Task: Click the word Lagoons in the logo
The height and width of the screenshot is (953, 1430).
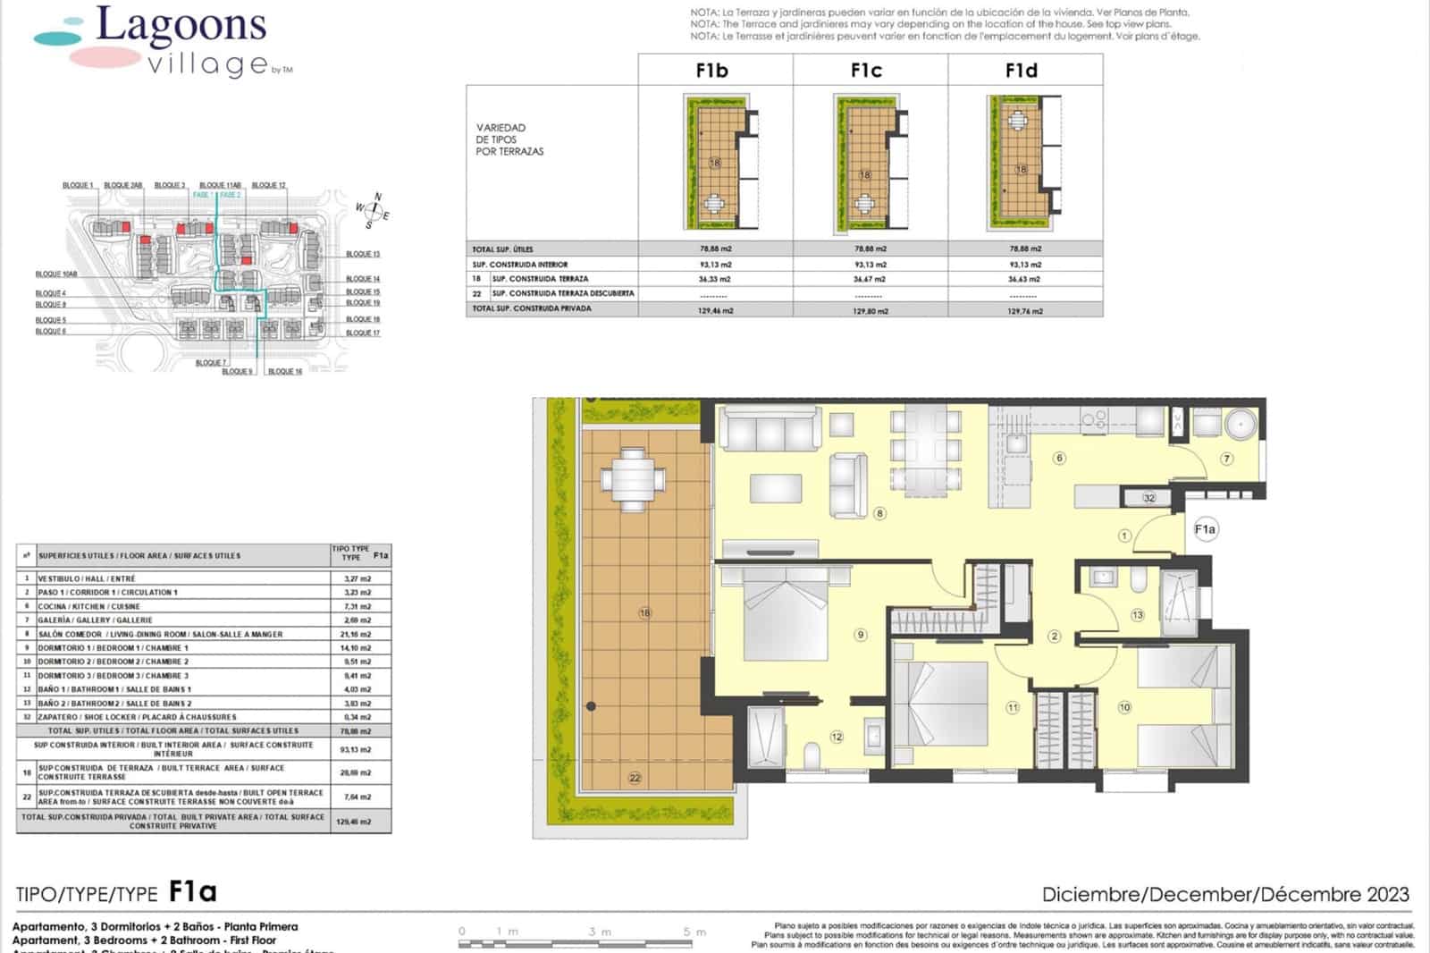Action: pyautogui.click(x=181, y=26)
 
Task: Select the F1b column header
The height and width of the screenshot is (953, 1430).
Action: pyautogui.click(x=712, y=71)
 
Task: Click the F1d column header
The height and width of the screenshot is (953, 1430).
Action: pyautogui.click(x=1022, y=71)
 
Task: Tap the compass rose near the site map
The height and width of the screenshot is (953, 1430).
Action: pyautogui.click(x=374, y=211)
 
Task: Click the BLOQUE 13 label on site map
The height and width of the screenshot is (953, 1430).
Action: pyautogui.click(x=363, y=254)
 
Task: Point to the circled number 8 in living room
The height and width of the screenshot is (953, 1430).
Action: pyautogui.click(x=880, y=513)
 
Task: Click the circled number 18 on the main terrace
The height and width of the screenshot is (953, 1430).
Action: pyautogui.click(x=644, y=612)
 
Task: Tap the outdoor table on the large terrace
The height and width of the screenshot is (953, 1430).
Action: pyautogui.click(x=633, y=480)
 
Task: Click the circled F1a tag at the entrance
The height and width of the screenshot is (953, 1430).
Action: pyautogui.click(x=1205, y=529)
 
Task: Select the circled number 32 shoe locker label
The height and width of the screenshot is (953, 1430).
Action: pyautogui.click(x=1149, y=498)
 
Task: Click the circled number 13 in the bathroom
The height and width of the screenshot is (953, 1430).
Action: pyautogui.click(x=1138, y=615)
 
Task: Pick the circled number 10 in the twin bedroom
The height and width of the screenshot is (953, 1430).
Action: pyautogui.click(x=1124, y=706)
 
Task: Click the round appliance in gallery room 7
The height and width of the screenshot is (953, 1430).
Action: pyautogui.click(x=1241, y=424)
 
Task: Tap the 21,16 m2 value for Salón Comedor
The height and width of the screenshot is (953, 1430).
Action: pyautogui.click(x=357, y=634)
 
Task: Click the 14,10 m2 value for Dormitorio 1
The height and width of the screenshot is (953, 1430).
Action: pyautogui.click(x=357, y=648)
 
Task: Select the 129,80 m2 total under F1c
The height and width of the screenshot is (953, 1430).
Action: pyautogui.click(x=870, y=311)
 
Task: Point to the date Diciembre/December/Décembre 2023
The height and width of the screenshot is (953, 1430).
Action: pyautogui.click(x=1224, y=894)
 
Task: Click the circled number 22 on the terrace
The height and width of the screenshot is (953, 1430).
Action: pyautogui.click(x=635, y=778)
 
